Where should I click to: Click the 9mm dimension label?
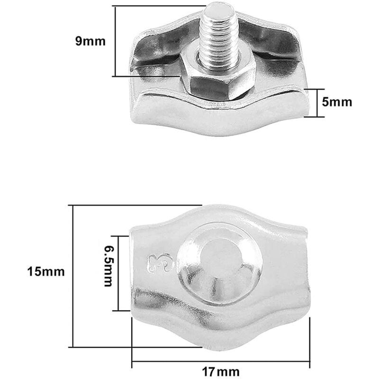90,41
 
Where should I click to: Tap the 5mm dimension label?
337,102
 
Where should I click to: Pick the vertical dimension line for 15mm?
72,276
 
